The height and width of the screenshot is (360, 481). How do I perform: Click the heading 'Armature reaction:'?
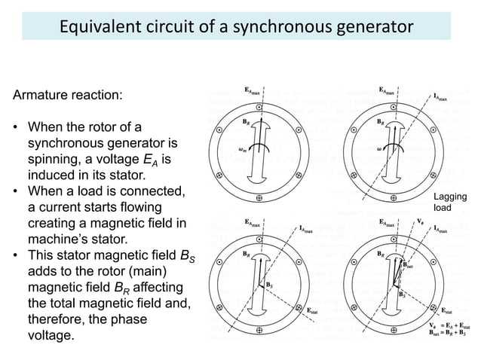64,97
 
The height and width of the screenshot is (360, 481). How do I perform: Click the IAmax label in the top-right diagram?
444,97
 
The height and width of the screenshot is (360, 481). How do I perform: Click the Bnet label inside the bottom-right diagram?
408,265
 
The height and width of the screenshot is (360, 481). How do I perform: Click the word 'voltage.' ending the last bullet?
51,334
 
